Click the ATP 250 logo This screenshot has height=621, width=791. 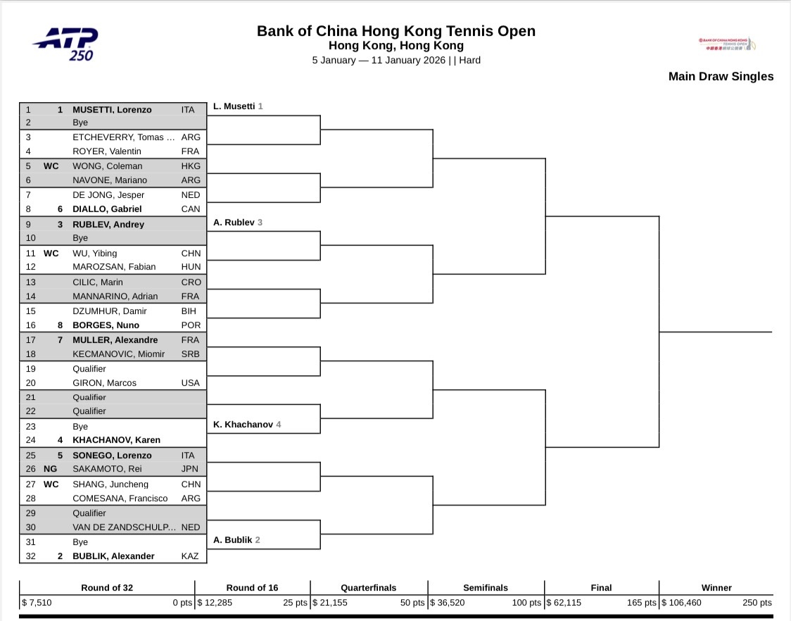[x=65, y=44]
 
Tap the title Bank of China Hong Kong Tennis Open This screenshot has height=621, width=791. [x=395, y=31]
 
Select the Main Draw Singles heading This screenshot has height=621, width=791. [x=721, y=77]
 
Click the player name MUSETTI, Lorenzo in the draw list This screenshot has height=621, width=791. [x=112, y=110]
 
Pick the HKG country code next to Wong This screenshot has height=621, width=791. [x=191, y=166]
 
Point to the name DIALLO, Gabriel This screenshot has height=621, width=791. [x=107, y=209]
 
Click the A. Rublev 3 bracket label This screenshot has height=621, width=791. [x=237, y=222]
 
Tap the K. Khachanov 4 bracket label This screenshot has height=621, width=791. [x=247, y=425]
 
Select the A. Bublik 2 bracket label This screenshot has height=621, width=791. [x=237, y=540]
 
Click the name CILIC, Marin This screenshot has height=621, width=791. [x=97, y=282]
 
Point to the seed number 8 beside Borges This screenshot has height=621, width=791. [x=61, y=325]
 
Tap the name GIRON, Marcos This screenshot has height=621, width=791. [x=105, y=383]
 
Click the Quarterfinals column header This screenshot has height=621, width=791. [x=368, y=588]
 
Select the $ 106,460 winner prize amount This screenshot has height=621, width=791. [x=685, y=603]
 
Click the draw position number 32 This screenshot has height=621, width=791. [x=29, y=556]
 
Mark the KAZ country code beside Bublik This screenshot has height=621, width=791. [x=191, y=556]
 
